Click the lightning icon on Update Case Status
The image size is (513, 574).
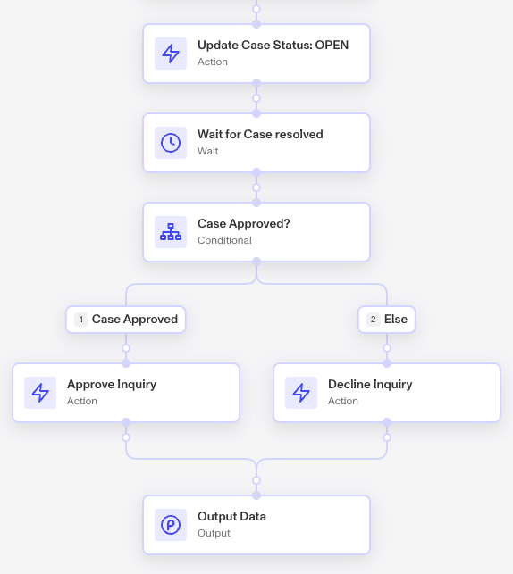coord(171,54)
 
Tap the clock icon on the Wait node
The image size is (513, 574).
coord(171,143)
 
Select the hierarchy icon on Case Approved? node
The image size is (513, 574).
coord(171,232)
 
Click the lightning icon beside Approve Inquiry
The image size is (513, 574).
coord(40,393)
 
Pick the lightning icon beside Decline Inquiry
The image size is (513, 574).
coord(301,393)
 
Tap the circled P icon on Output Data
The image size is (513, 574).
coord(171,525)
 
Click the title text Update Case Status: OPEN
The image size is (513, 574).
coord(273,45)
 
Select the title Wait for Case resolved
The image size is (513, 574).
coord(260,134)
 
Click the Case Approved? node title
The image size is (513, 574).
coord(244,224)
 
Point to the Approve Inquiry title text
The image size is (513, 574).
coord(112,385)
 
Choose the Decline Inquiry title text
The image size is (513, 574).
coord(370,385)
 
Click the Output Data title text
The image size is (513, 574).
coord(231,517)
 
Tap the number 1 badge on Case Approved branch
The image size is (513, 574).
coord(81,320)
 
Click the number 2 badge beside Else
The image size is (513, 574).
coord(373,320)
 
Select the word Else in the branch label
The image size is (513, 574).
coord(396,320)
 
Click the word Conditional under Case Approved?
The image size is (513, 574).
coord(224,240)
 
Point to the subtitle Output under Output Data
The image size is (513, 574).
coord(214,533)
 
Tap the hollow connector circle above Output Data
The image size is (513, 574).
coord(256,480)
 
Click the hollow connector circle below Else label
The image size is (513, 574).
coord(387,348)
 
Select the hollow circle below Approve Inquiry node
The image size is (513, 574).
coord(126,437)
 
